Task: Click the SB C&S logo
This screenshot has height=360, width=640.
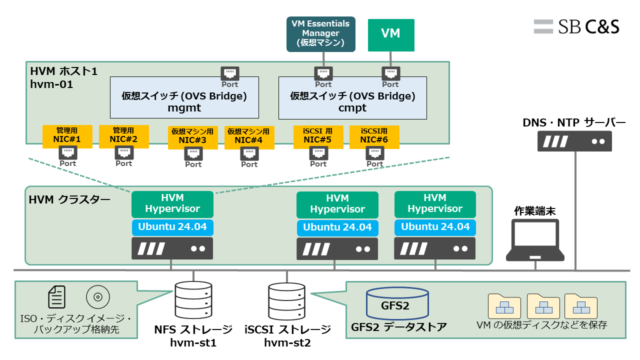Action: pyautogui.click(x=576, y=26)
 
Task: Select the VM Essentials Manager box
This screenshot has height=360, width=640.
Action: pyautogui.click(x=320, y=33)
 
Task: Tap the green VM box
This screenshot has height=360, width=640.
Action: pyautogui.click(x=390, y=34)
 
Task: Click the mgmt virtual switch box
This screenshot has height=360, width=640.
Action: pyautogui.click(x=184, y=100)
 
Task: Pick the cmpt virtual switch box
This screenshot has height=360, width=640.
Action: pyautogui.click(x=352, y=100)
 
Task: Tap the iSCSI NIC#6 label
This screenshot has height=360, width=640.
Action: pyautogui.click(x=374, y=136)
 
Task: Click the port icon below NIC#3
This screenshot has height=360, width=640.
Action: pyautogui.click(x=193, y=153)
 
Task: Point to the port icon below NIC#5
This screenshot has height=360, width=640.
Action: pyautogui.click(x=318, y=153)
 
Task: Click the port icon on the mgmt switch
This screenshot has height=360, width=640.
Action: pyautogui.click(x=230, y=74)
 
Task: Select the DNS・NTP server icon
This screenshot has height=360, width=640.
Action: pyautogui.click(x=574, y=141)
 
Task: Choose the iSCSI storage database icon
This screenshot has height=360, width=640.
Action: pyautogui.click(x=286, y=301)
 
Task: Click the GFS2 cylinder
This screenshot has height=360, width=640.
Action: pyautogui.click(x=397, y=303)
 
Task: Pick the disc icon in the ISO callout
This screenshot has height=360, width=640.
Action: pyautogui.click(x=97, y=297)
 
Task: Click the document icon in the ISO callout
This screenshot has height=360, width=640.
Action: pyautogui.click(x=56, y=296)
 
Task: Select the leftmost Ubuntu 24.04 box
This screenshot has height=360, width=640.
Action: pyautogui.click(x=172, y=227)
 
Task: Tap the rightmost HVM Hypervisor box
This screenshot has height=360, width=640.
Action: pyautogui.click(x=435, y=204)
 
